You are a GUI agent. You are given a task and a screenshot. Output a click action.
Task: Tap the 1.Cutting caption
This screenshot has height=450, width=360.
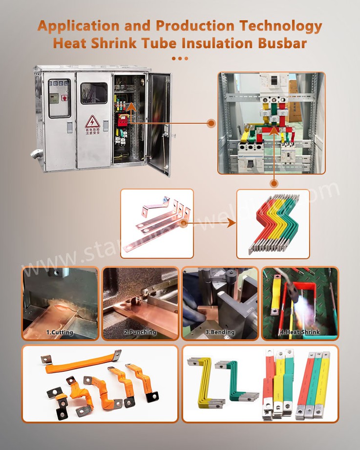click(60, 332)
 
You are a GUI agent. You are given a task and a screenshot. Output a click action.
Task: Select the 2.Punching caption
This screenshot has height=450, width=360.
click(140, 332)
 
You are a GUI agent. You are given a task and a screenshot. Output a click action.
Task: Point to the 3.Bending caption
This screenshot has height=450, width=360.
click(220, 332)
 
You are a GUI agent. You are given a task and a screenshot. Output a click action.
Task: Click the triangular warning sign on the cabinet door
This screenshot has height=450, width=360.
click(92, 121)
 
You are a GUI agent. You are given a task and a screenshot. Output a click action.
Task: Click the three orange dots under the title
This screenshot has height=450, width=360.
click(180, 58)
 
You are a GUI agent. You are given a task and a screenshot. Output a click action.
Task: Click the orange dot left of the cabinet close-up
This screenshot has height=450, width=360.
click(211, 123)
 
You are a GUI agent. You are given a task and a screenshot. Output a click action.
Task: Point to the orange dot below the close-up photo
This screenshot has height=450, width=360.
click(274, 184)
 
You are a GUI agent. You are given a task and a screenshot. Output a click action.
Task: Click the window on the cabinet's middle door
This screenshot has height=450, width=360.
click(94, 93)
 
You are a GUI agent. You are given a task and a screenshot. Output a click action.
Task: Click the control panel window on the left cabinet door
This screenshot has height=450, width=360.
click(59, 98)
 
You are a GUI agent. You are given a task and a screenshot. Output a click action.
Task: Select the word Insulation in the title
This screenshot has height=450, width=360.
click(212, 43)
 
